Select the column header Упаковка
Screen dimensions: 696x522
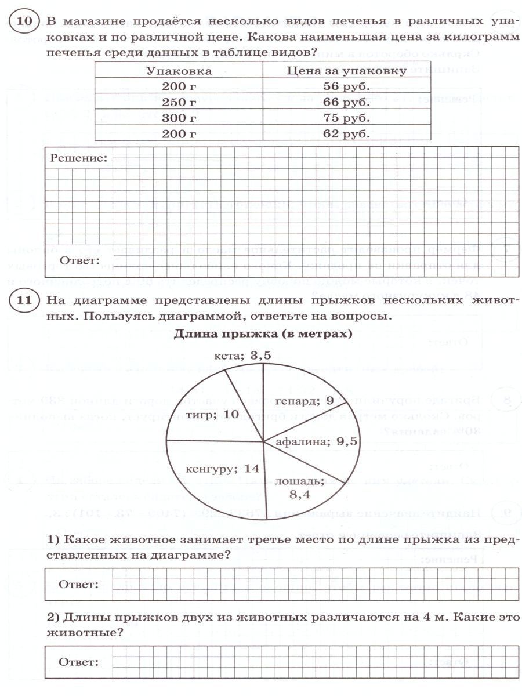point(179,71)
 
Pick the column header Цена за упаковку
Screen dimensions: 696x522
point(346,71)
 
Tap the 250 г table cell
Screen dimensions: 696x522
point(179,103)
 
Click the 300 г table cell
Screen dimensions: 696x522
point(179,118)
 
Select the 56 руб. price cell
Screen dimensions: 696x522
point(346,87)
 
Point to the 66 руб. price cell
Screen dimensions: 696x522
point(346,103)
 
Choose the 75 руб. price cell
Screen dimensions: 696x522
point(346,118)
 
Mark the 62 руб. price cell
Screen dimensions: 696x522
point(346,134)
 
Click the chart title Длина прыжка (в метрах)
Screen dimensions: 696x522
point(263,335)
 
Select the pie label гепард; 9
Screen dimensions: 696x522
point(303,401)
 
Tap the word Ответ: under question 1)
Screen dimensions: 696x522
point(78,584)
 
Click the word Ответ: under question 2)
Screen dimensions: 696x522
point(78,662)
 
